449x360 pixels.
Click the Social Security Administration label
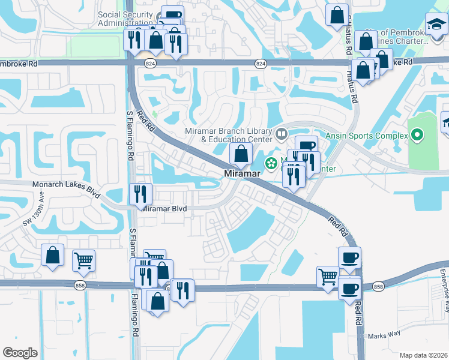coord(125,19)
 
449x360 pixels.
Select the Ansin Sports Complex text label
coord(366,136)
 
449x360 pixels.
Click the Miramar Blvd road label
coord(164,208)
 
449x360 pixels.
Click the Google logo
coord(20,352)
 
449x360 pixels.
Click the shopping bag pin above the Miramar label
coord(241,154)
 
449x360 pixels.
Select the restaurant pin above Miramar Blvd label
coord(141,194)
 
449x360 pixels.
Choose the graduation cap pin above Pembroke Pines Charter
coord(436,25)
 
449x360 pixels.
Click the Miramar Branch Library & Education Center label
coord(232,136)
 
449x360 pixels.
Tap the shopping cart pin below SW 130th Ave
coord(83,260)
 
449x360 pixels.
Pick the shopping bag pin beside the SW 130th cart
coord(53,254)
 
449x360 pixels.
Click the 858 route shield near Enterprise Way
coord(378,287)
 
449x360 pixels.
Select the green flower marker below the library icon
coord(271,163)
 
